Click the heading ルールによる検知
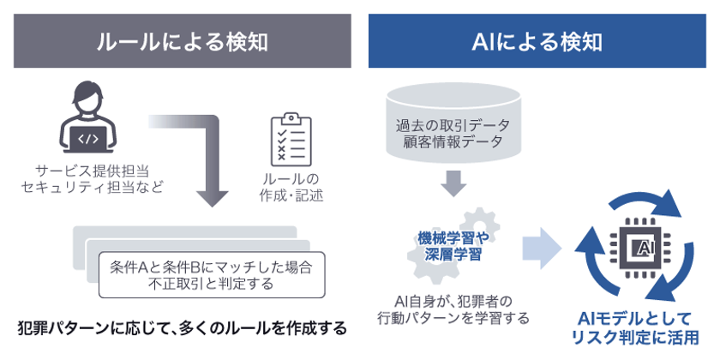[x=182, y=40]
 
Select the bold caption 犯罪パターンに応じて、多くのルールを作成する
[x=182, y=327]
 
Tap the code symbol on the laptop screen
[x=88, y=135]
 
